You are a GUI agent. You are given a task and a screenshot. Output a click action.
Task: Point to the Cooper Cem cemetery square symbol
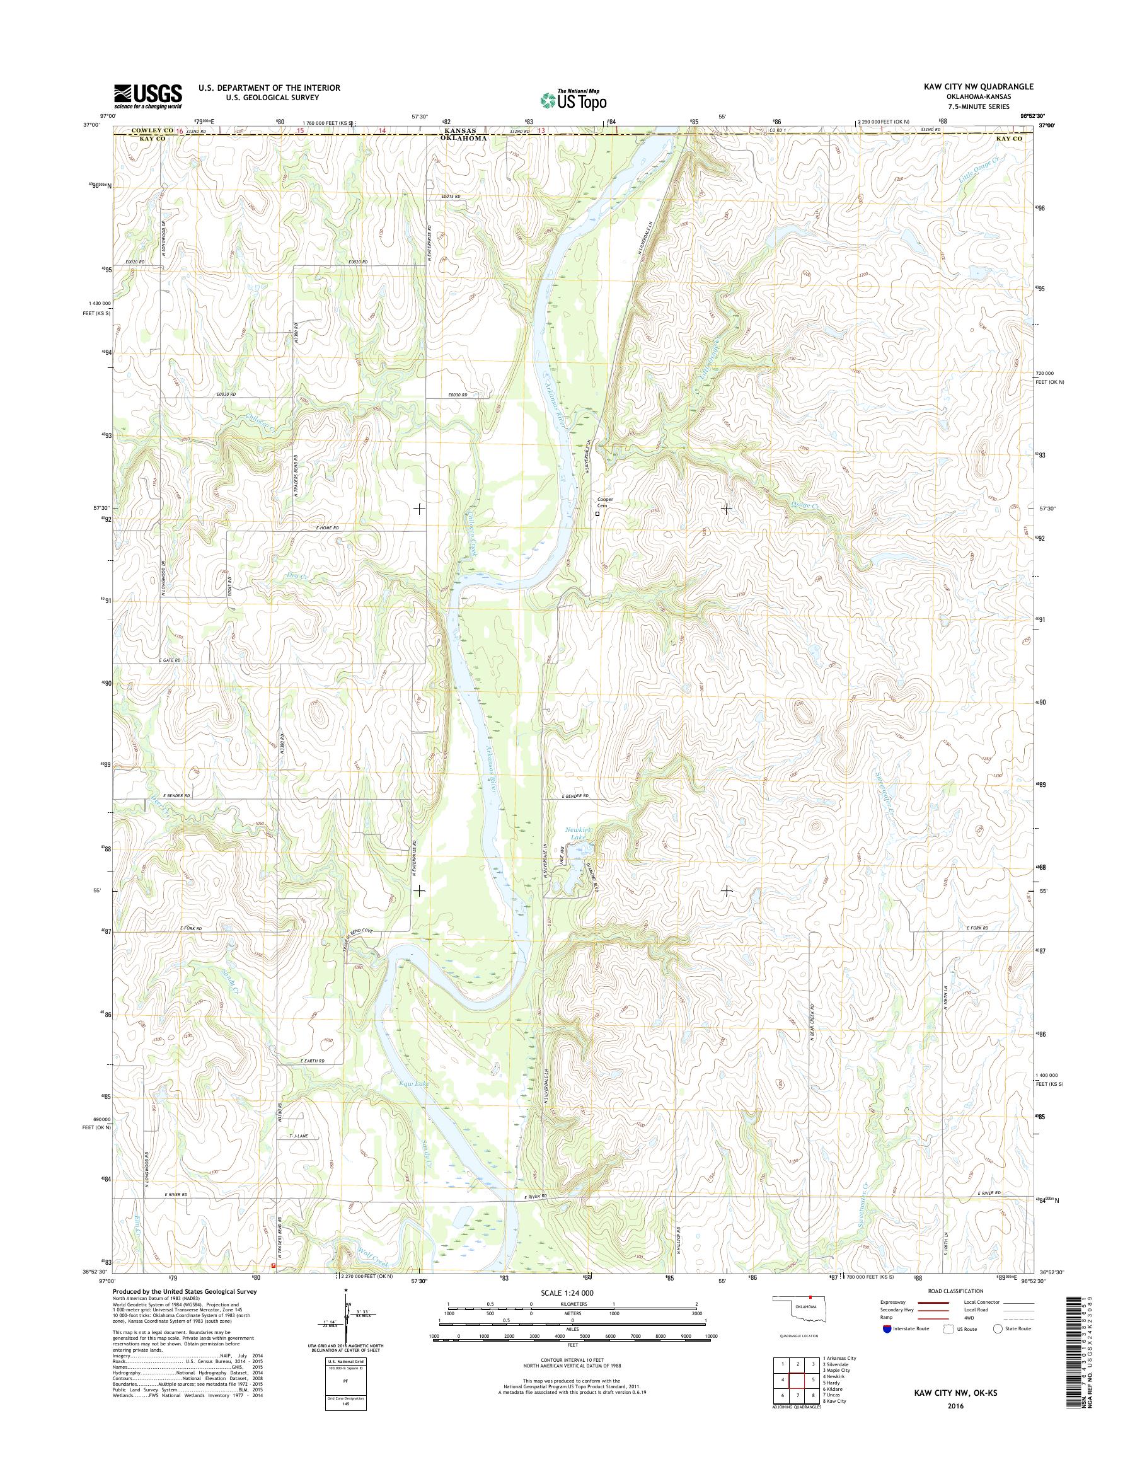pyautogui.click(x=597, y=514)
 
